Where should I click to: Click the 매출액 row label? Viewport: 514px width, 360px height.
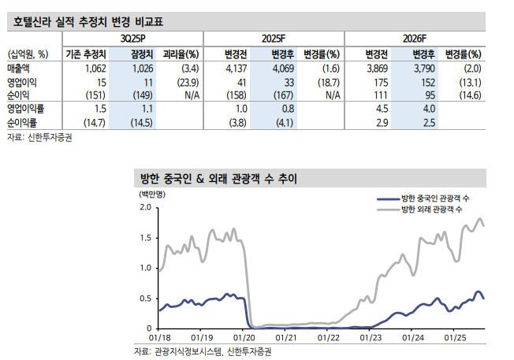tap(20, 69)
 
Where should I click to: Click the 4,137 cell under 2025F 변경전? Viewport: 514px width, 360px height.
tap(237, 69)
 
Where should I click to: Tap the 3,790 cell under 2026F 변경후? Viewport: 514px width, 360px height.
tap(422, 69)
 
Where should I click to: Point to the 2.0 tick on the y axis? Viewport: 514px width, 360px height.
tap(144, 207)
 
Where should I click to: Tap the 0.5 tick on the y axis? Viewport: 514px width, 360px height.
tap(144, 298)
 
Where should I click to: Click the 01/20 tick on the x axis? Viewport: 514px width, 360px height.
tap(243, 337)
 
